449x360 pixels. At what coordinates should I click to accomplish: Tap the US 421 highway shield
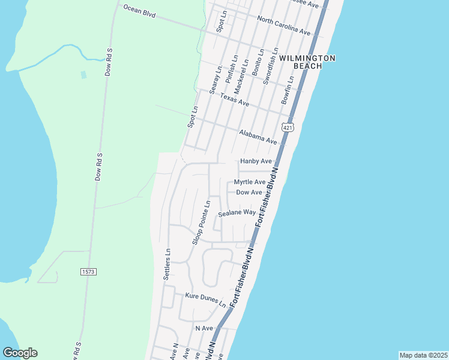coord(288,128)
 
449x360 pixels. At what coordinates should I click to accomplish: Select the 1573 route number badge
coord(88,272)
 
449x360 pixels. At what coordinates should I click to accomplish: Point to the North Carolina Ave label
coord(283,25)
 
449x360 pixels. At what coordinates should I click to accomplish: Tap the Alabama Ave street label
coord(258,137)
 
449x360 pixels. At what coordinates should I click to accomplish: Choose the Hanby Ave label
coord(256,161)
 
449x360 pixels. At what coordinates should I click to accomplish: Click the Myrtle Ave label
coord(250,182)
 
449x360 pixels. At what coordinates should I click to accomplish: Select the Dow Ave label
coord(249,192)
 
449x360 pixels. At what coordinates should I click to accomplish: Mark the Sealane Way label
coord(237,213)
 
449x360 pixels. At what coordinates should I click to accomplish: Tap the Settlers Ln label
coord(167,265)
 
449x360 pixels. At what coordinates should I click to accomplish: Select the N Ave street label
coord(204,328)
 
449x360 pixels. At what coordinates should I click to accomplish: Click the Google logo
coord(20,353)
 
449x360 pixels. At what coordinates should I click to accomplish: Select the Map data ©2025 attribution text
coord(423,355)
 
